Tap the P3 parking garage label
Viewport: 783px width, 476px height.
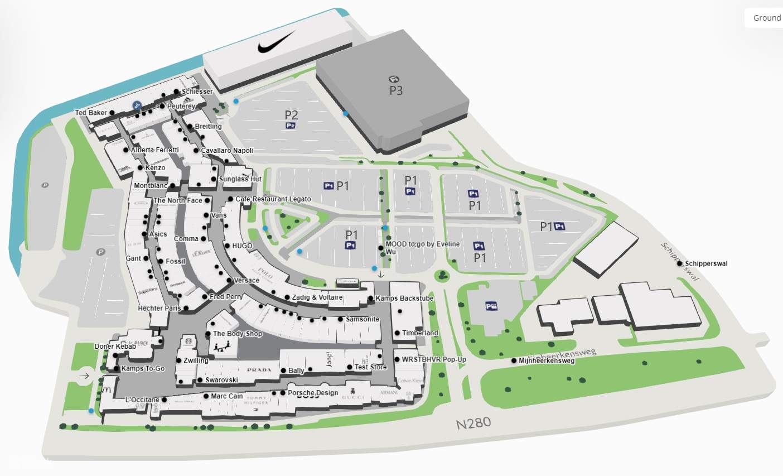point(395,90)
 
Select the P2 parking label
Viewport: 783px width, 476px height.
point(291,115)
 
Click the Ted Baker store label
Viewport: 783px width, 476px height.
point(91,113)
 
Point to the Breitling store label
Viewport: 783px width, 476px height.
point(208,127)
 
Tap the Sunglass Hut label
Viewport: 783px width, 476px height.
point(240,179)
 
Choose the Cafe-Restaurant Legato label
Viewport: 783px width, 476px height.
point(273,199)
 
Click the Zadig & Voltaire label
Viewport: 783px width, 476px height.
point(317,297)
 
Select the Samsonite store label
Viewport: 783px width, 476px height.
point(362,319)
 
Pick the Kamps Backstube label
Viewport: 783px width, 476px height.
point(404,299)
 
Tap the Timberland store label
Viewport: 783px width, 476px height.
point(420,333)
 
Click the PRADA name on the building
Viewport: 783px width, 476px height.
point(259,370)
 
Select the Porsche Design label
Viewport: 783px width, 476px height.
point(313,393)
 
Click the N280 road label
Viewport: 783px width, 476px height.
point(473,423)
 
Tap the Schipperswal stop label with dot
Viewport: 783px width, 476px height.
point(706,263)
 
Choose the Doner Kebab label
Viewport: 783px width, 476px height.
point(115,347)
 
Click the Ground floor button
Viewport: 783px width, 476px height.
point(766,18)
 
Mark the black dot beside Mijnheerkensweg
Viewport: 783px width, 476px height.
point(514,360)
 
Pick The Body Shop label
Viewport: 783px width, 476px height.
point(237,334)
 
